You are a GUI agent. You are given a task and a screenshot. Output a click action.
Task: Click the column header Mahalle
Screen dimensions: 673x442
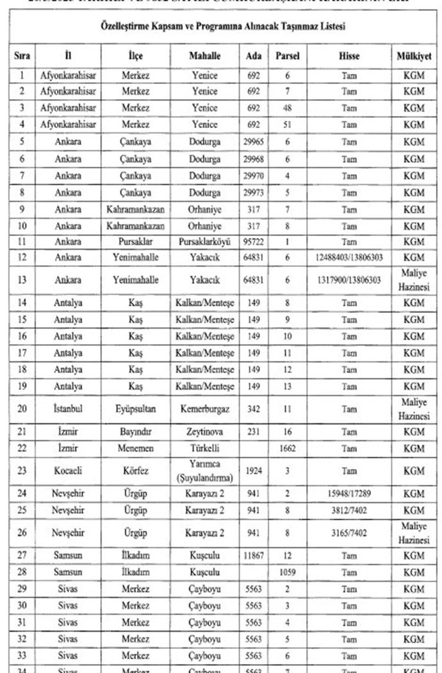pos(204,56)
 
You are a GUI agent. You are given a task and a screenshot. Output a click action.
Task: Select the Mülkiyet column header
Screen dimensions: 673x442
pos(414,56)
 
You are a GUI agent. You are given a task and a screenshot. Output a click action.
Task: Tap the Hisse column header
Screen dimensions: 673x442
pos(349,56)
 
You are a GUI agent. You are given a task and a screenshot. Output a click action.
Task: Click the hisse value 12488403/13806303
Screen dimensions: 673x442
pos(349,257)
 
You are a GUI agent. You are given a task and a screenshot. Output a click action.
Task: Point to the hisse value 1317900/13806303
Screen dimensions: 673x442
pos(349,280)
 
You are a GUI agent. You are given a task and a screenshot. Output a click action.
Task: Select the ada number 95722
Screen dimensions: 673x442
pos(254,241)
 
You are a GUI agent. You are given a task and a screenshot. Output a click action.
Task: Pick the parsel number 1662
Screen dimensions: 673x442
pos(288,448)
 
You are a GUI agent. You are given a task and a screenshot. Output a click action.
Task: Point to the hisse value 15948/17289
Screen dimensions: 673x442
pos(349,494)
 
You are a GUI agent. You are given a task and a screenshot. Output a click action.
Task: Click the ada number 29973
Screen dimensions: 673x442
pos(254,192)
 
